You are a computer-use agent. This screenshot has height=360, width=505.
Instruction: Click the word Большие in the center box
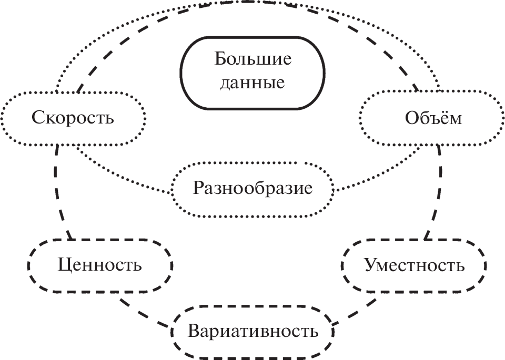[x=252, y=59]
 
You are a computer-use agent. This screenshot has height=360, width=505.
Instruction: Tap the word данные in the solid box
[x=252, y=83]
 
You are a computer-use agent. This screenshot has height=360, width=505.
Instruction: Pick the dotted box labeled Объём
[x=433, y=118]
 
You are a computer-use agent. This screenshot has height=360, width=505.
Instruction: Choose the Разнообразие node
[x=252, y=188]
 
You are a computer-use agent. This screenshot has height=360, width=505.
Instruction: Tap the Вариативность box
[x=252, y=332]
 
